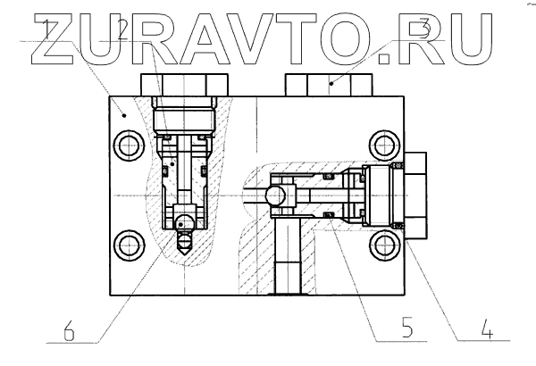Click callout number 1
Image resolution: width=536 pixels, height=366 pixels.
pos(46,29)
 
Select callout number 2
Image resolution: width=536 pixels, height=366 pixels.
pos(122,29)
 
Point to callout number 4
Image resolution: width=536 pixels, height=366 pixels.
pos(487,329)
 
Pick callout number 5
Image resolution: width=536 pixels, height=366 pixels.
pos(406,327)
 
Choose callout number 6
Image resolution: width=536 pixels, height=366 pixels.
pos(69,331)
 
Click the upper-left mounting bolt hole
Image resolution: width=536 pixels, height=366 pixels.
pos(129,146)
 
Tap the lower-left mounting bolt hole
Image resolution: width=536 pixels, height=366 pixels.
pos(130,245)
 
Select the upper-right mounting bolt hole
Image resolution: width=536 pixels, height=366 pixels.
pos(385,146)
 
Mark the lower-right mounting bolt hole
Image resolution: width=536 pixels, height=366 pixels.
pos(385,245)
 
